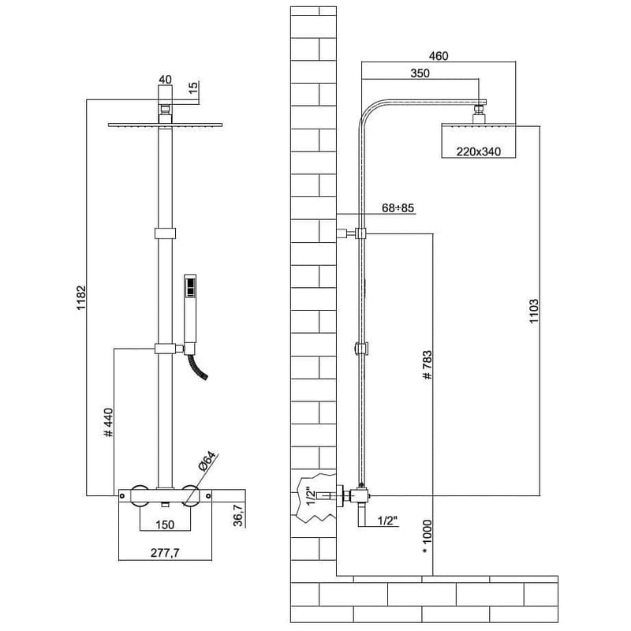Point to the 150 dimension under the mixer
(164, 525)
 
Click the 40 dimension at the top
(165, 79)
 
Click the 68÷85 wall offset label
(398, 207)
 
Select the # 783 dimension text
(427, 366)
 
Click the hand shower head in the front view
(189, 300)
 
